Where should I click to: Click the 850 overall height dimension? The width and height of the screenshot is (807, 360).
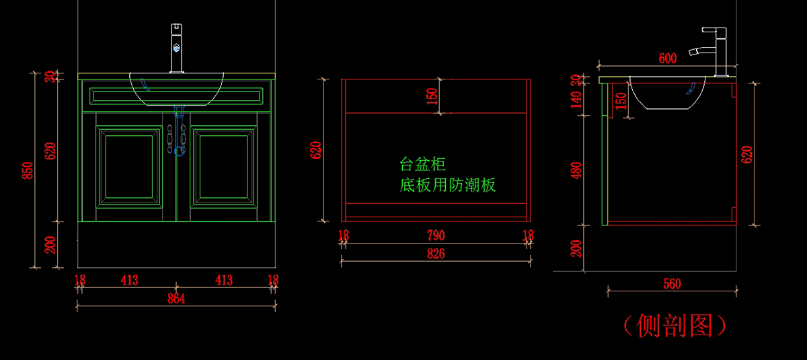[x=28, y=171]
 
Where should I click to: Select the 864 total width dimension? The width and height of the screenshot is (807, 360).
[x=176, y=298]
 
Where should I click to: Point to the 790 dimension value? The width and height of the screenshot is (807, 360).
[x=435, y=236]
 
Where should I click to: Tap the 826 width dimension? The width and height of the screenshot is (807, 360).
[x=435, y=254]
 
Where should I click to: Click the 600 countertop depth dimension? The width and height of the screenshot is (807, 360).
[x=667, y=59]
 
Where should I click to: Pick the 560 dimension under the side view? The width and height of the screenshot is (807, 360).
[x=671, y=283]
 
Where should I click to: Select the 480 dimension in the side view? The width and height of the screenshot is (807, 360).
[x=576, y=170]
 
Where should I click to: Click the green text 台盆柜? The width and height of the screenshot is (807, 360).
[x=423, y=164]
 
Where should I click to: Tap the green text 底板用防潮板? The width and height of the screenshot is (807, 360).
[x=448, y=185]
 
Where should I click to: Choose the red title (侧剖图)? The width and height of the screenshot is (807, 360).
[x=674, y=326]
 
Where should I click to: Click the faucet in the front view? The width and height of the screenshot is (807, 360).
[x=176, y=47]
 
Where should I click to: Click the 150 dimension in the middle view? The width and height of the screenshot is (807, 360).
[x=432, y=96]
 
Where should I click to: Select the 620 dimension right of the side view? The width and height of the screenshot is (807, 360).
[x=746, y=154]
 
